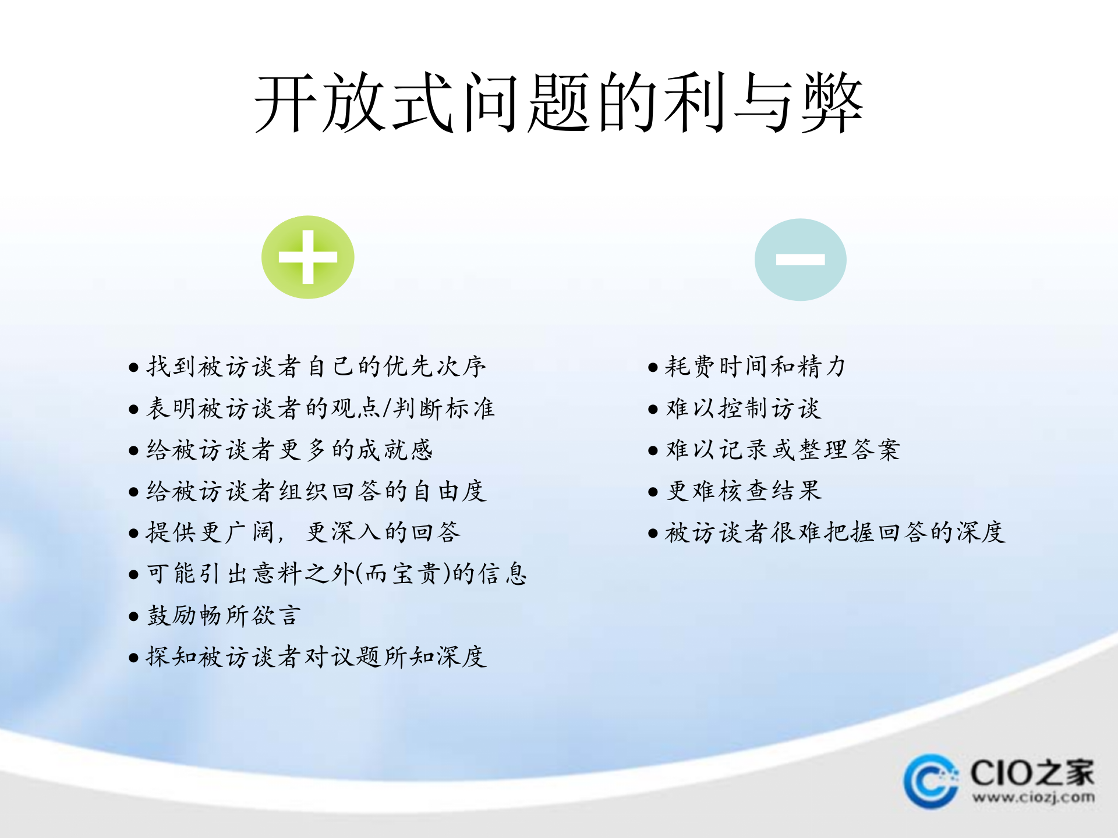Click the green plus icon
click(307, 257)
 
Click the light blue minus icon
click(800, 260)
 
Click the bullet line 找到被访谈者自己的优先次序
click(316, 367)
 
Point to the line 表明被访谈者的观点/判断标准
click(320, 409)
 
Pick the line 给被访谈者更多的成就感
click(289, 450)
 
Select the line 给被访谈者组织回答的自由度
click(316, 491)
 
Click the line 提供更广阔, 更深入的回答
click(303, 532)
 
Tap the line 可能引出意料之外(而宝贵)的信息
click(336, 574)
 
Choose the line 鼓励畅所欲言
click(224, 616)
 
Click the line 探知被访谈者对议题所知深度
click(316, 657)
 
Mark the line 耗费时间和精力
click(755, 367)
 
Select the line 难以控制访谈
click(743, 409)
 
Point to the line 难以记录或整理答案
click(783, 450)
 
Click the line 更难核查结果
click(744, 491)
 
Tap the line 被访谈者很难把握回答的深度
click(835, 532)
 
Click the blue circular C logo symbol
click(931, 781)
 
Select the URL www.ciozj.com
click(1033, 797)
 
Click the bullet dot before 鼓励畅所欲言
click(133, 616)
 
